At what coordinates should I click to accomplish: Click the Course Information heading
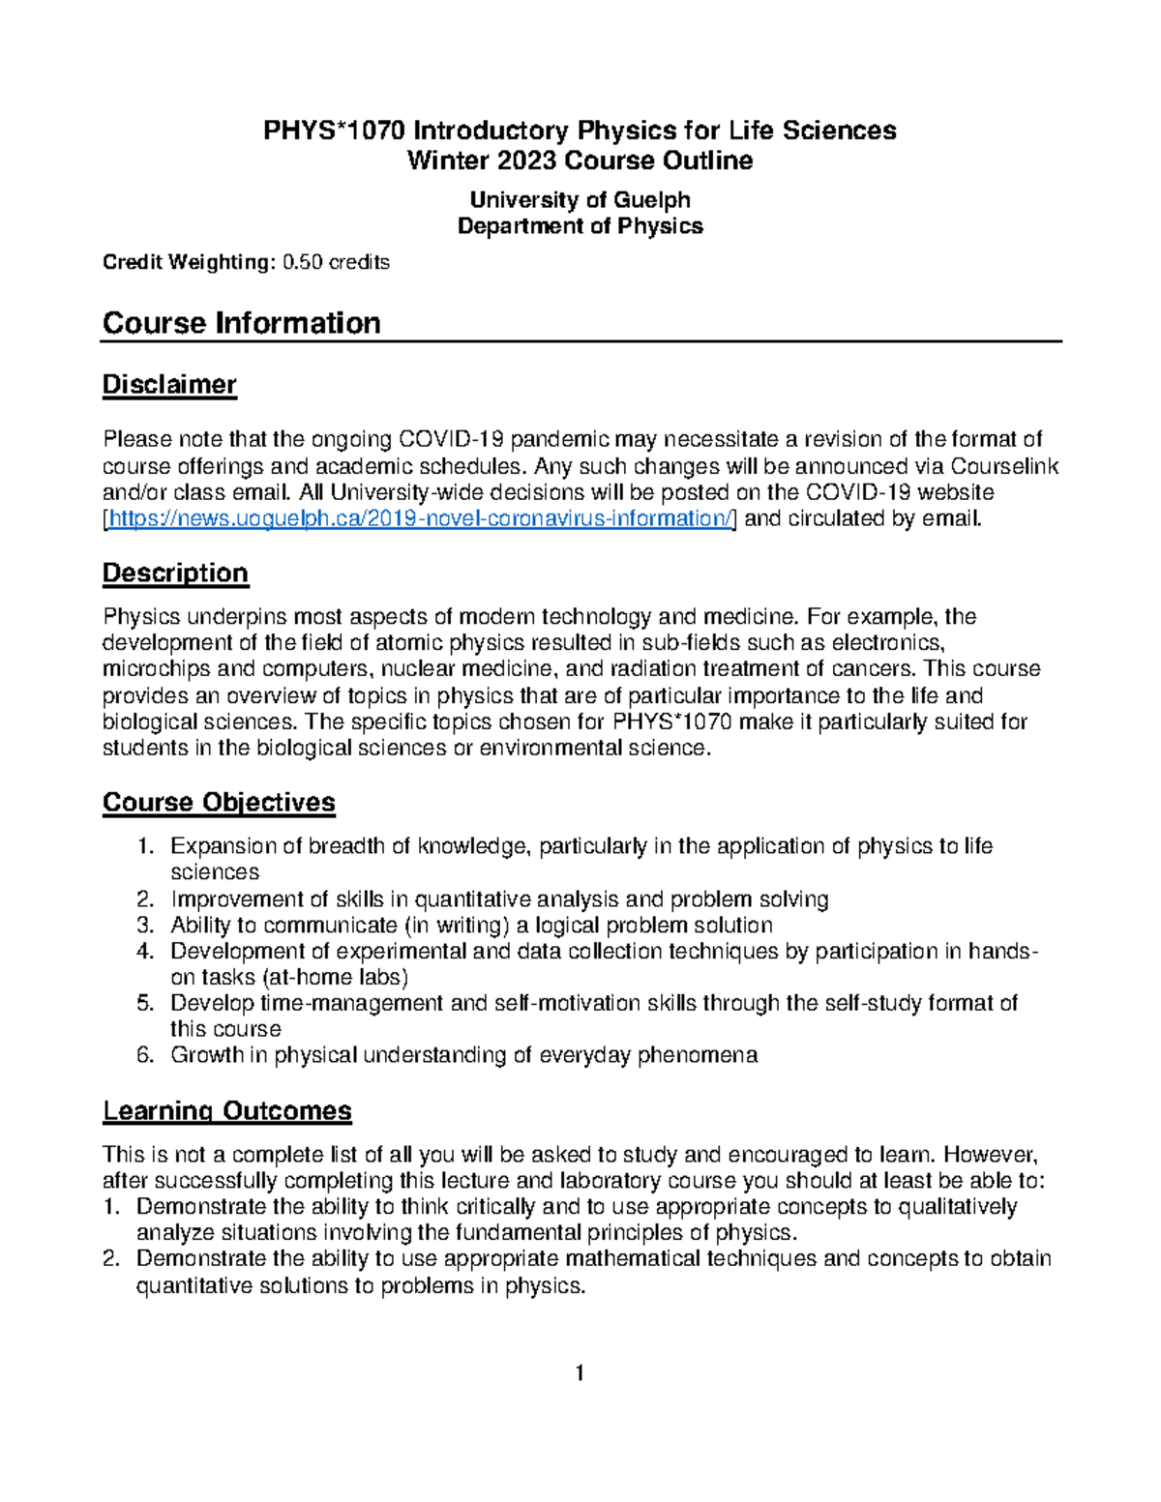coord(241,323)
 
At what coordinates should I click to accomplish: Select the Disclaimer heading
coord(169,385)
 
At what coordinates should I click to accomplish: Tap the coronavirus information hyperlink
coord(421,519)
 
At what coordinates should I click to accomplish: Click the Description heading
coord(175,574)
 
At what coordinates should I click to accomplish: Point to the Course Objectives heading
coord(219,803)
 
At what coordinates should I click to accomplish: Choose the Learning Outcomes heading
coord(227,1111)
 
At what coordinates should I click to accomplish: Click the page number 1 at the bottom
coord(580,1372)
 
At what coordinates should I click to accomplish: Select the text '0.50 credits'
coord(336,262)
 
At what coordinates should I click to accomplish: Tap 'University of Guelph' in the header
coord(580,200)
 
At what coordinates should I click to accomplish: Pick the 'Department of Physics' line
coord(580,226)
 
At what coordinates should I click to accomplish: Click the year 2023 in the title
coord(522,161)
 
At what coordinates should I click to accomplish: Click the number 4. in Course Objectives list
coord(145,952)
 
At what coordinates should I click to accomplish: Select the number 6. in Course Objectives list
coord(145,1055)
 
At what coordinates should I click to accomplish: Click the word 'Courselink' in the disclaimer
coord(1005,467)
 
